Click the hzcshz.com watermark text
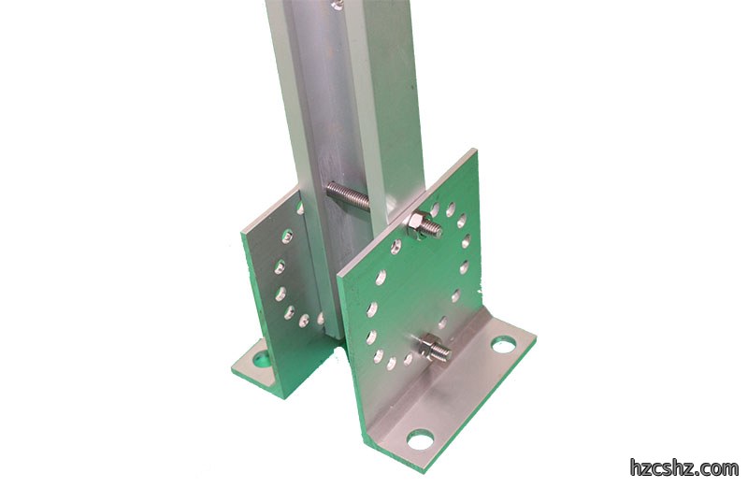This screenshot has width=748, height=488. coord(683,468)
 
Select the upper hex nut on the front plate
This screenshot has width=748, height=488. coord(419,222)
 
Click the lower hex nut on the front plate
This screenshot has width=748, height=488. coord(427,345)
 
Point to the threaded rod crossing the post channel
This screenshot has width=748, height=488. coord(347,194)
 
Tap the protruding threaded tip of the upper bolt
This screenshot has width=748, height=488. coord(436,230)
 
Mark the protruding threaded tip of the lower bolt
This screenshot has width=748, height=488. coord(442,352)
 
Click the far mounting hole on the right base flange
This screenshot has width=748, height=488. coord(504,344)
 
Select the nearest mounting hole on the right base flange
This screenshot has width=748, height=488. coord(420,439)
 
